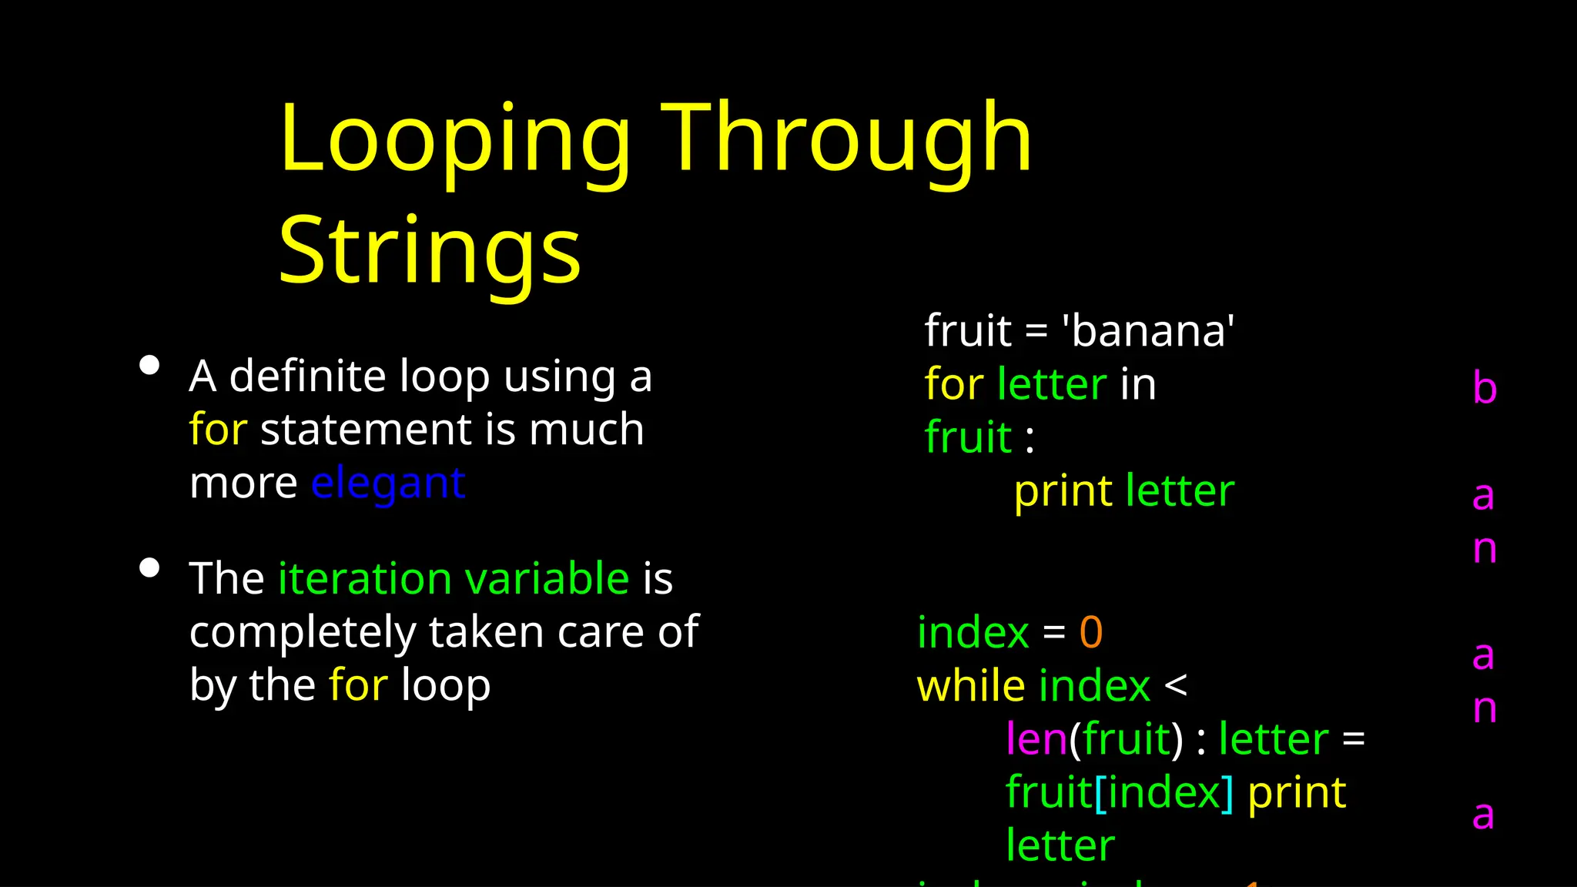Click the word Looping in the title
pyautogui.click(x=454, y=140)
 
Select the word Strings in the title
pyautogui.click(x=429, y=251)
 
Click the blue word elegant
pyautogui.click(x=388, y=484)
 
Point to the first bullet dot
pyautogui.click(x=149, y=365)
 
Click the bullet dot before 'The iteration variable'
pyautogui.click(x=149, y=568)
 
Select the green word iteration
pyautogui.click(x=365, y=578)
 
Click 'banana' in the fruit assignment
pyautogui.click(x=1148, y=331)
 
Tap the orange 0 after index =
pyautogui.click(x=1090, y=632)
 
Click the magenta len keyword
pyautogui.click(x=1036, y=739)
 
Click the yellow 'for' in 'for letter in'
pyautogui.click(x=953, y=384)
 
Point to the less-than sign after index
pyautogui.click(x=1176, y=685)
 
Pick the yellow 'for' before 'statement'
pyautogui.click(x=218, y=430)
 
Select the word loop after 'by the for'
pyautogui.click(x=446, y=685)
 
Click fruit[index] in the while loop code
pyautogui.click(x=1119, y=792)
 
